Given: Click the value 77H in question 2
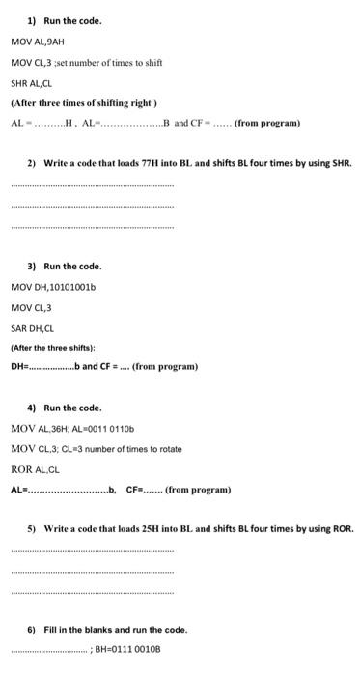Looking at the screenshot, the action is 149,164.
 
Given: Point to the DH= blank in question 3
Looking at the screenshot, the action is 58,367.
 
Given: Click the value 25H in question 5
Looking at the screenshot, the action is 148,530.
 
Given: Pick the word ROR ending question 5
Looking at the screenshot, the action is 342,530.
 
